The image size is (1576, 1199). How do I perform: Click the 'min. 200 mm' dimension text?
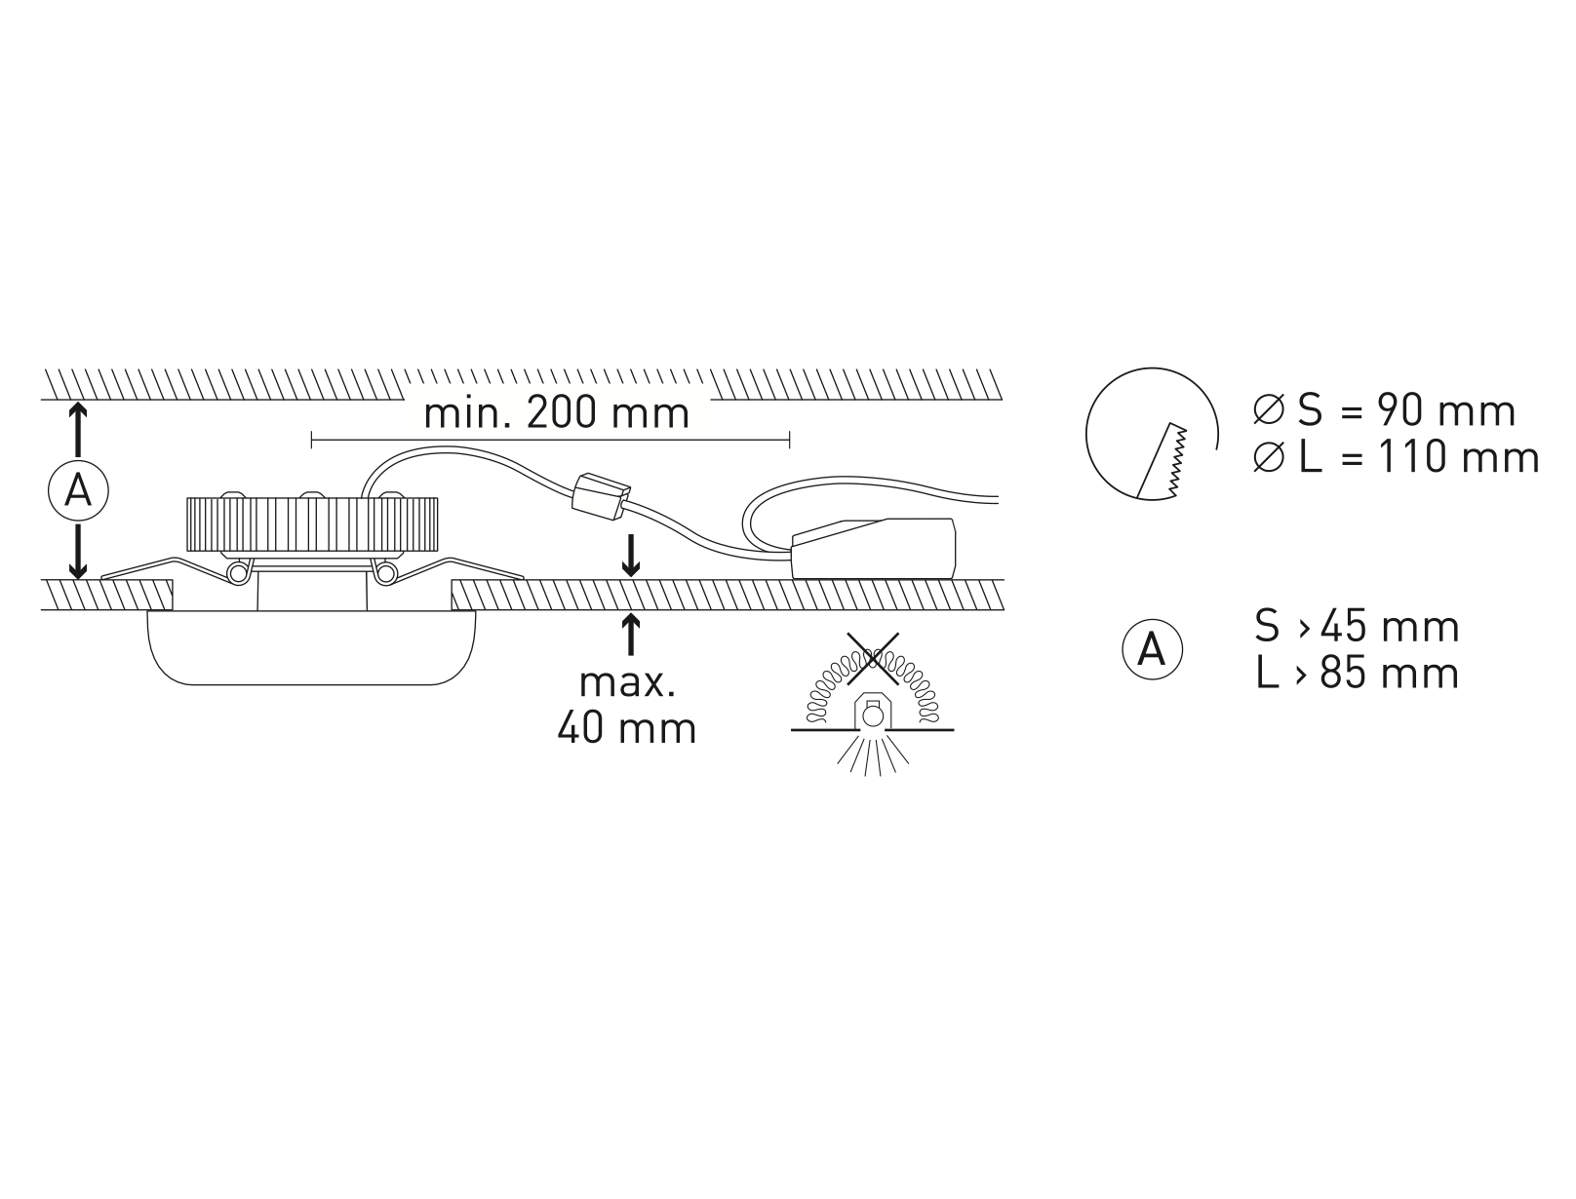tap(556, 414)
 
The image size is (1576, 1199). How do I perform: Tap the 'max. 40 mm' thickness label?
tap(626, 706)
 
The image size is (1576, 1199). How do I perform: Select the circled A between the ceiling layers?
tap(78, 490)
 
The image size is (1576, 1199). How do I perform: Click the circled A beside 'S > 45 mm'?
tap(1152, 649)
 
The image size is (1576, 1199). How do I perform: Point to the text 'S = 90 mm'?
tap(1406, 411)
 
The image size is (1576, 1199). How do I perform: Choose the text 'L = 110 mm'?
tap(1419, 458)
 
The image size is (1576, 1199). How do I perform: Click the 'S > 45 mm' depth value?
tap(1357, 627)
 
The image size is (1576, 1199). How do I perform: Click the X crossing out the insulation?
tap(873, 659)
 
